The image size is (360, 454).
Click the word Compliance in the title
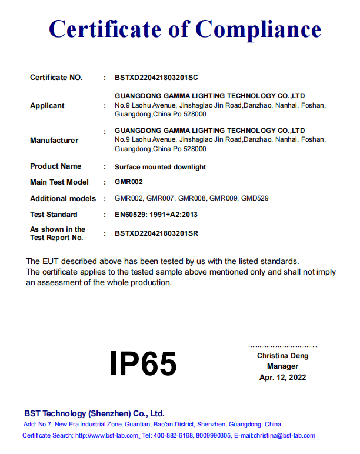point(258,29)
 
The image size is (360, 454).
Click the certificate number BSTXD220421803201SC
point(157,78)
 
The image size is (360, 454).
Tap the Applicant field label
point(47,106)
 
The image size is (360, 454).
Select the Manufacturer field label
point(54,141)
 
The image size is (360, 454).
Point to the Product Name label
point(56,166)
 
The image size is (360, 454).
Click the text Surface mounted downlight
point(160,167)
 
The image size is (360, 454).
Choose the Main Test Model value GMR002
point(129,182)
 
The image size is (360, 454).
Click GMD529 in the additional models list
point(255,199)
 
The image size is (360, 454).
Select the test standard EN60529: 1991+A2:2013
point(156,215)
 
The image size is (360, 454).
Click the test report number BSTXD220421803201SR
point(156,233)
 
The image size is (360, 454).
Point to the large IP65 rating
point(143,363)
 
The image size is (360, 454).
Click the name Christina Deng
point(282,356)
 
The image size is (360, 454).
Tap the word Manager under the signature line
point(282,366)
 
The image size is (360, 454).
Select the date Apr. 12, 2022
point(282,378)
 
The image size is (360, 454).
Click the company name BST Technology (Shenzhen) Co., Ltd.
point(94,413)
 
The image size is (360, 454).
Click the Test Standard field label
point(54,215)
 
